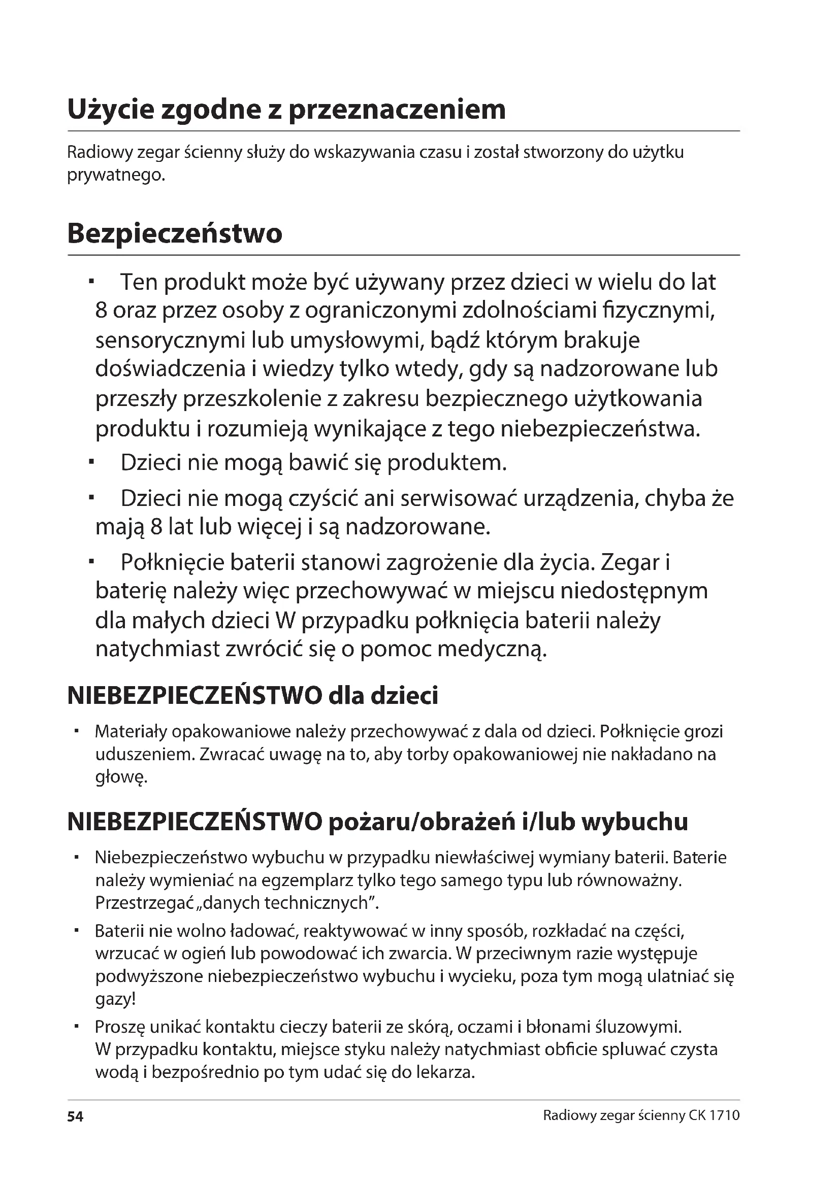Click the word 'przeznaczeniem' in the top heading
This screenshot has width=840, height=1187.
point(397,110)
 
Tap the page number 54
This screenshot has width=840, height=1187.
point(75,1116)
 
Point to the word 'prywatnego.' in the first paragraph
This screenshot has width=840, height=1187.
point(116,176)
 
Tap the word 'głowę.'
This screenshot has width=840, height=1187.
point(121,777)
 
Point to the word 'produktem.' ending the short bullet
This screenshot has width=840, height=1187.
point(447,463)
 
